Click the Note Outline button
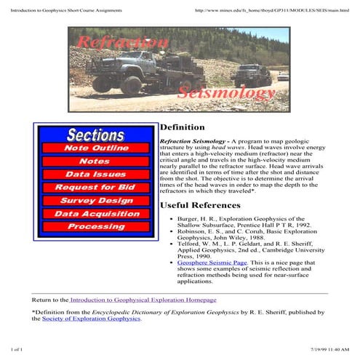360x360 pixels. (95, 148)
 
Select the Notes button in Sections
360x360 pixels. (95, 161)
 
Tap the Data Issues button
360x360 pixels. (95, 175)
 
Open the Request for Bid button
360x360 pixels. (95, 188)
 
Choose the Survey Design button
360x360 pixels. (95, 201)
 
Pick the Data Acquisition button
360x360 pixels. (95, 214)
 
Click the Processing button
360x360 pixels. (95, 227)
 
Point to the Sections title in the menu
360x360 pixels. (95, 135)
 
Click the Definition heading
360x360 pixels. (182, 127)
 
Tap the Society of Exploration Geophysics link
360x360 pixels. (91, 319)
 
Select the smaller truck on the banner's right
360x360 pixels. (250, 73)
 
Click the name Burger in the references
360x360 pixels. (188, 218)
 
